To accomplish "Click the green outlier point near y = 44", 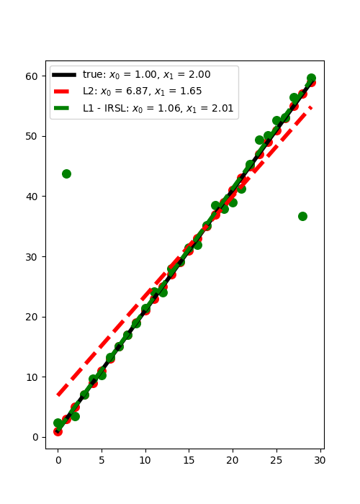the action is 66,174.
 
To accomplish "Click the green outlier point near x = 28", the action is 302,216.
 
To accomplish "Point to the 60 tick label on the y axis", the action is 32,76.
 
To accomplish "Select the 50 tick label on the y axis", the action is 32,137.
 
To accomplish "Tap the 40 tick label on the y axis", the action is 32,197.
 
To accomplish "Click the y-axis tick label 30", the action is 32,257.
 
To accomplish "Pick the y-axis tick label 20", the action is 32,317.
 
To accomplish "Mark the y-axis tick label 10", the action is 32,377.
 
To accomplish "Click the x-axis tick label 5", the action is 102,460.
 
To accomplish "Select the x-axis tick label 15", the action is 189,460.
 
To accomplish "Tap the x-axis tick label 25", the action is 276,460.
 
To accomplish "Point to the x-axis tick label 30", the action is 320,460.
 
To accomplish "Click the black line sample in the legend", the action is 64,75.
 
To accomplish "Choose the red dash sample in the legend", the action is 61,91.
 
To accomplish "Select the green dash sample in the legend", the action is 61,108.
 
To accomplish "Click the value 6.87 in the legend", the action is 138,91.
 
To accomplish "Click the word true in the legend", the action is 93,75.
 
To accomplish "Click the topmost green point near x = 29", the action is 311,78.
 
